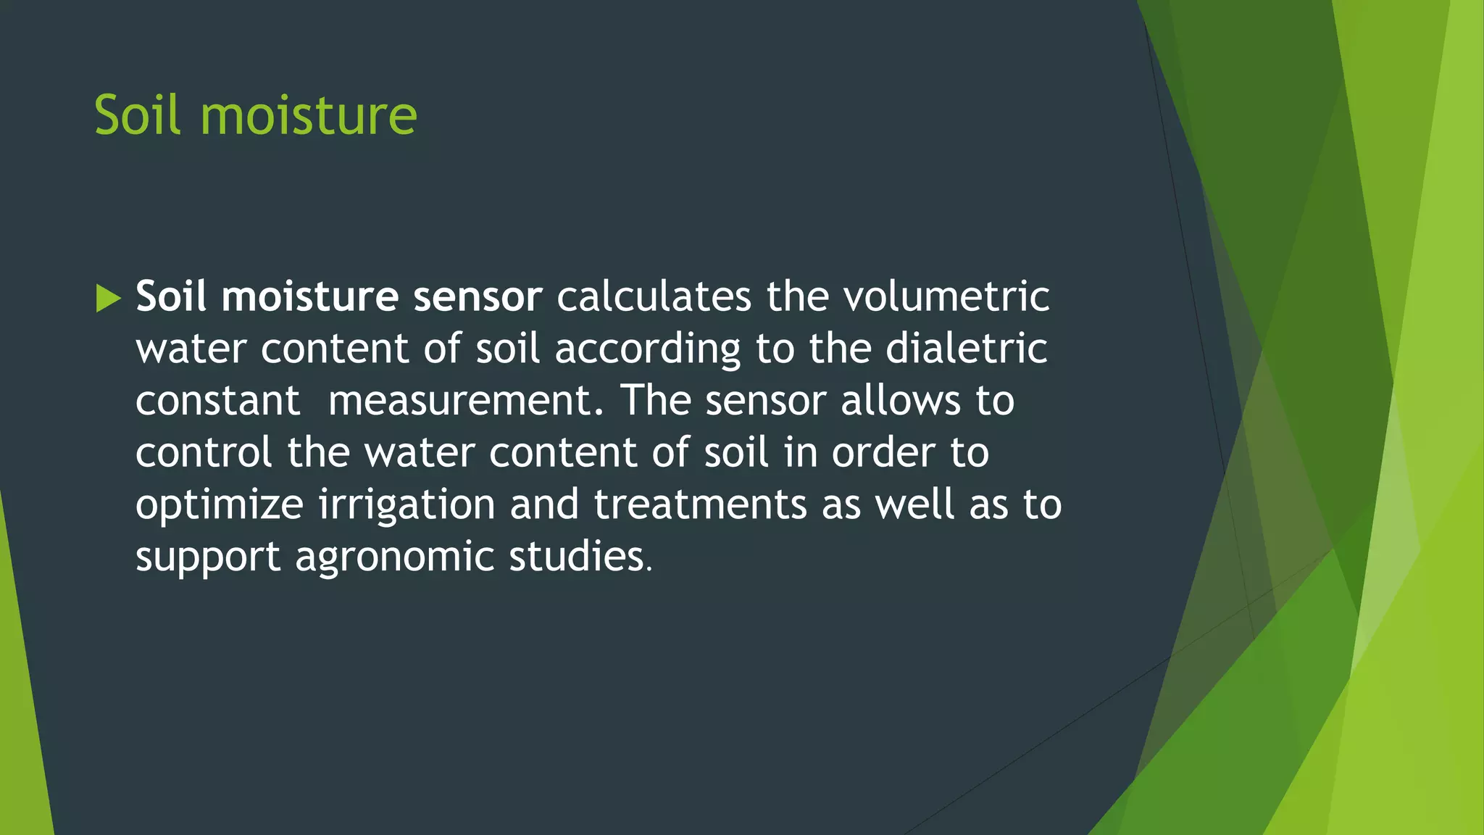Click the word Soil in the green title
137,115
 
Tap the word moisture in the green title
308,115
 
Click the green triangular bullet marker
108,298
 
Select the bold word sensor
478,296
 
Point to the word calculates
654,296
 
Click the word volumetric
946,296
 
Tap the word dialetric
967,349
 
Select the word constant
217,401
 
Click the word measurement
465,401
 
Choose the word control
204,453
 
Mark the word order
883,453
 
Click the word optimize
220,506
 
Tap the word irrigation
407,506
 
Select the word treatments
700,504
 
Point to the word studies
580,557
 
